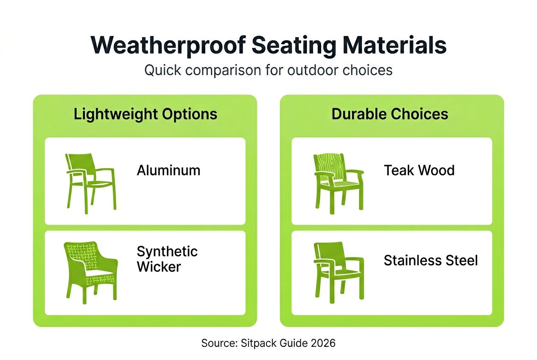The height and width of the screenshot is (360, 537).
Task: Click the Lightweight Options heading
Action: tap(145, 114)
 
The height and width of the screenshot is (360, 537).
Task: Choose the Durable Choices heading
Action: tap(390, 114)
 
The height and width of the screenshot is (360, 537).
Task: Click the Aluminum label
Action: tap(168, 170)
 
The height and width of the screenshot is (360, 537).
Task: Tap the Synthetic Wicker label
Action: tap(167, 259)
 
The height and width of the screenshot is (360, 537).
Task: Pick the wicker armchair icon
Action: tap(90, 272)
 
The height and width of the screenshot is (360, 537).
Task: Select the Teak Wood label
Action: tap(419, 170)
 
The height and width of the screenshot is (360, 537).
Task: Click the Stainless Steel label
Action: tap(430, 260)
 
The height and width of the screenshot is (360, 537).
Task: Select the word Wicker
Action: tap(158, 267)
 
